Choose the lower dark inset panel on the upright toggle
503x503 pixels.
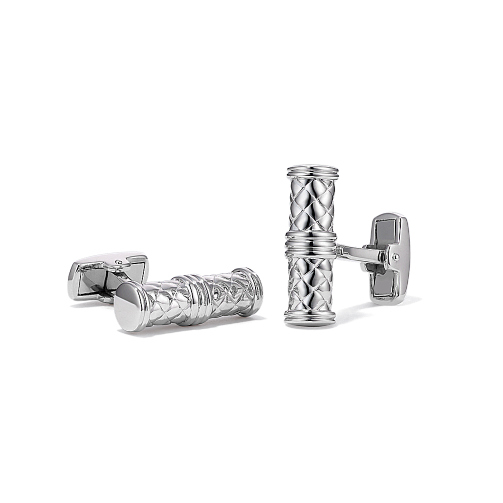tap(386, 287)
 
